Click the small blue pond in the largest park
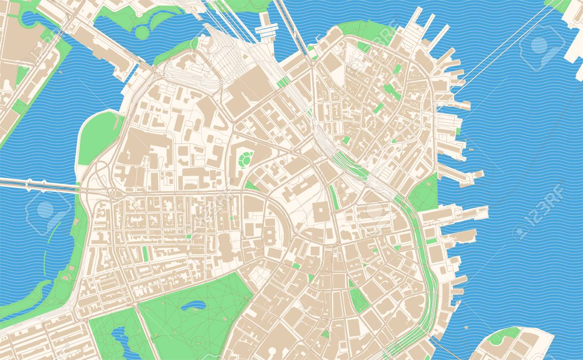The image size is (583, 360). [193, 307]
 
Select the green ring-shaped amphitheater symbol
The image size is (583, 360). [245, 158]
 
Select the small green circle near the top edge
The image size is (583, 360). [142, 32]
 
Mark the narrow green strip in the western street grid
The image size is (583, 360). [145, 253]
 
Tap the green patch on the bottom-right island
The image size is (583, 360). [505, 334]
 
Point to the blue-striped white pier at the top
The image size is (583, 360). [266, 29]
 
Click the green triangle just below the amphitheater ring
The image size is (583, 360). [251, 186]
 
